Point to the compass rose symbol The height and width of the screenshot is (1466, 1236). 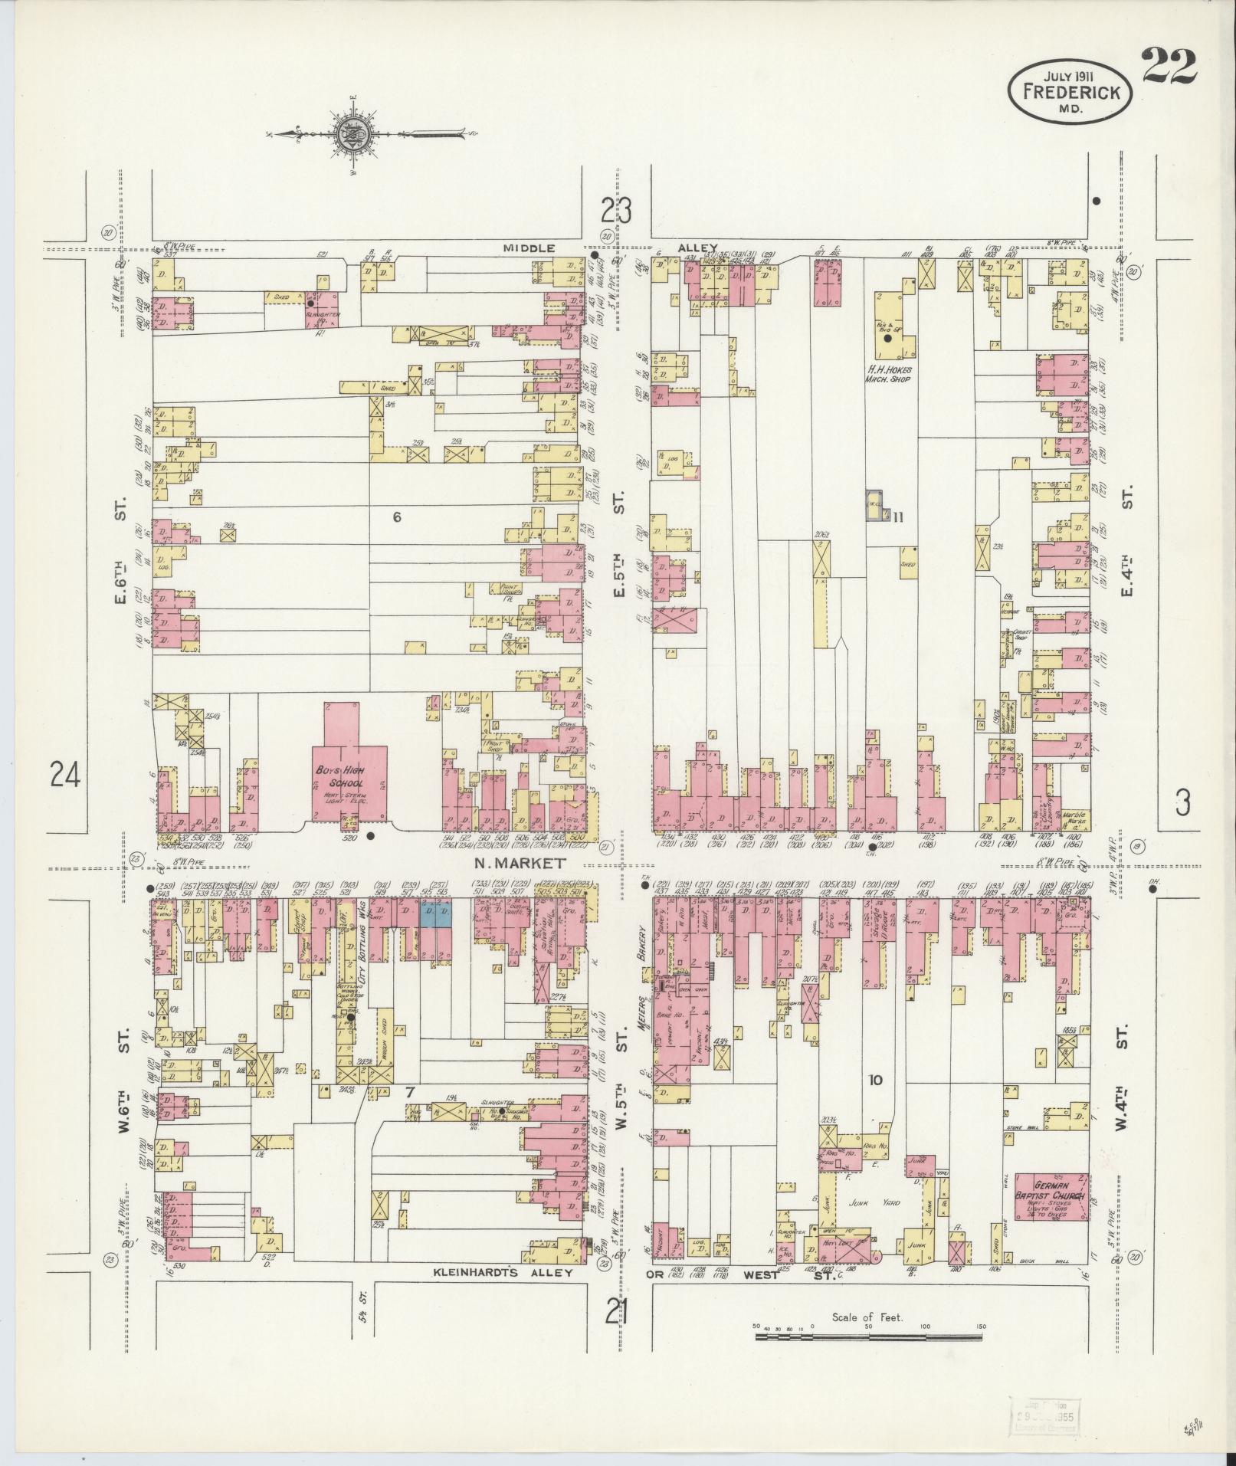click(x=352, y=134)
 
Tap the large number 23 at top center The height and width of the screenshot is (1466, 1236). click(x=616, y=211)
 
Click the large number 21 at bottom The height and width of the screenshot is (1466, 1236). click(x=616, y=1315)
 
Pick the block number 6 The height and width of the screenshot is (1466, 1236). click(x=396, y=517)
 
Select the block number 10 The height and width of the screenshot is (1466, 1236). click(x=875, y=1081)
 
